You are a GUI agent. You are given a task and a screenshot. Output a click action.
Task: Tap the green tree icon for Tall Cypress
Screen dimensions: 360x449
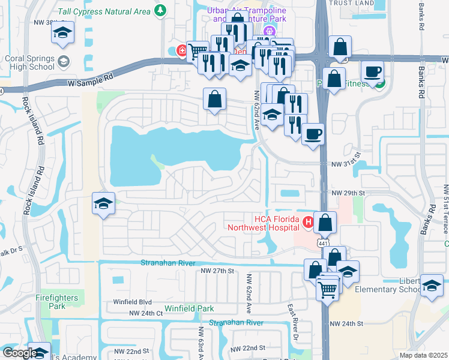pos(160,10)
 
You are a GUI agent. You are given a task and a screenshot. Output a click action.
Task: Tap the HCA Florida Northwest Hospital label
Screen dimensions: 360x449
pos(263,223)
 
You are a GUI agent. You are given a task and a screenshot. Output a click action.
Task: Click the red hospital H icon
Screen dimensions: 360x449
pos(308,223)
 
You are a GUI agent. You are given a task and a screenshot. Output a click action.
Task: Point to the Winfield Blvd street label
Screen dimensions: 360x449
pos(133,302)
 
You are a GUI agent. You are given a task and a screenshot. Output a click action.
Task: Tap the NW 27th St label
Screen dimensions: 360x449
pos(214,271)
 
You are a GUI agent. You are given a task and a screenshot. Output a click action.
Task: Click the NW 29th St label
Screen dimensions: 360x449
pos(348,192)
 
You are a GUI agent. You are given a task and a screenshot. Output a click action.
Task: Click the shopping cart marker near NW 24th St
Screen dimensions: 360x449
pos(327,289)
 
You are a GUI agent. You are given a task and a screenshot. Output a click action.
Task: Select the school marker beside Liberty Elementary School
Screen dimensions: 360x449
pos(432,286)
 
